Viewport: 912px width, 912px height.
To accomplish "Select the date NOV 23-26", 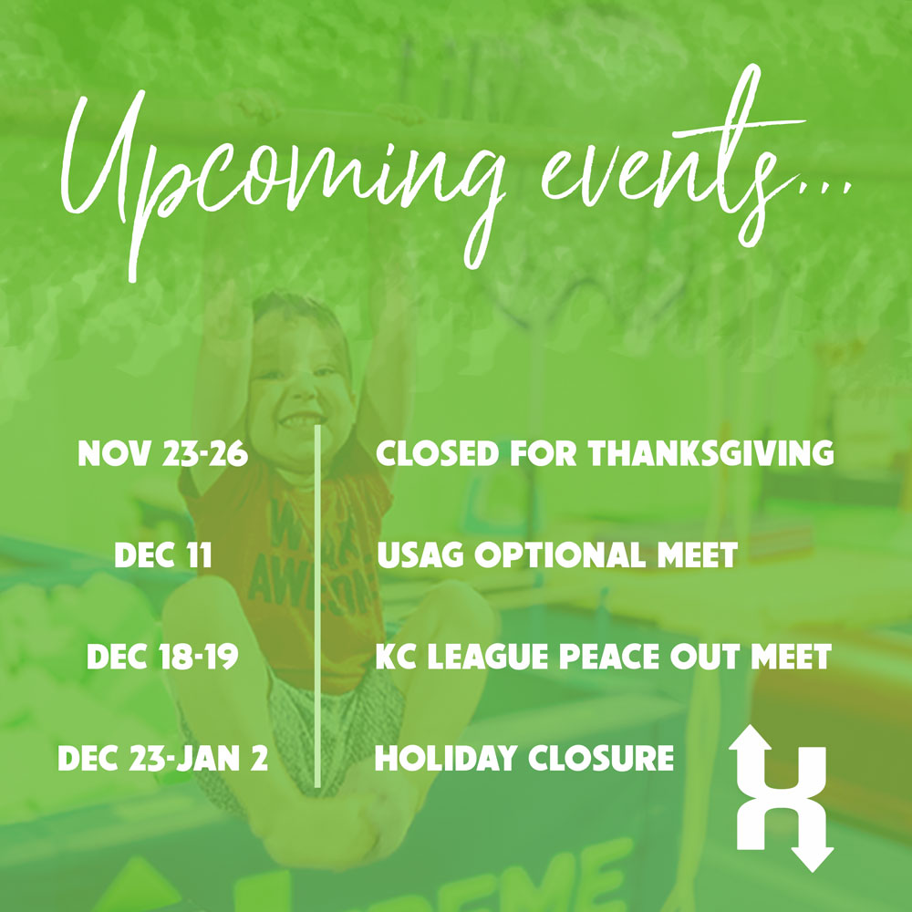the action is (163, 453).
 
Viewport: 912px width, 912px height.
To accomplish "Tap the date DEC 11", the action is (163, 554).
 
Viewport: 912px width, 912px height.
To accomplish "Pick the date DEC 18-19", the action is (163, 657).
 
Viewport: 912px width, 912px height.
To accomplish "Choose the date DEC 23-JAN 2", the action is (163, 759).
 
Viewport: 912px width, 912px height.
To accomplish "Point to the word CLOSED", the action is (438, 453).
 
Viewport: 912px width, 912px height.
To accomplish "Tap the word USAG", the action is (420, 554).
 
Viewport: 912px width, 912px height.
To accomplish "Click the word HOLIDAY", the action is (446, 759).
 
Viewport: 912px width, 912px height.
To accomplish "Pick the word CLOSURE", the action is (601, 759).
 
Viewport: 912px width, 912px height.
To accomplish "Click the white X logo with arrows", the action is (782, 798).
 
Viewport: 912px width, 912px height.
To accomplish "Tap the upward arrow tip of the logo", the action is (751, 725).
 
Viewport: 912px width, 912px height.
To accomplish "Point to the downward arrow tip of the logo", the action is (813, 871).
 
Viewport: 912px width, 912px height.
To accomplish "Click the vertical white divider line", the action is (317, 606).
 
